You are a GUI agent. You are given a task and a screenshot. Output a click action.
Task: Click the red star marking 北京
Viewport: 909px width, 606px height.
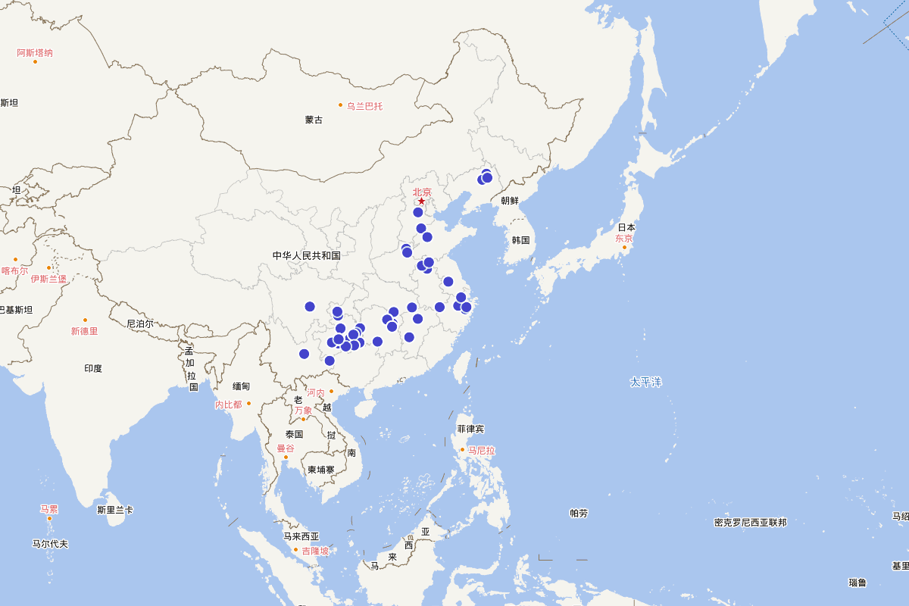pos(422,201)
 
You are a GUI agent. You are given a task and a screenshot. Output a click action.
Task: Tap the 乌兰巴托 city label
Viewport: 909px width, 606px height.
pos(364,106)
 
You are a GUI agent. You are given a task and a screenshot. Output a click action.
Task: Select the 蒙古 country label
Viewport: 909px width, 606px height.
pos(314,120)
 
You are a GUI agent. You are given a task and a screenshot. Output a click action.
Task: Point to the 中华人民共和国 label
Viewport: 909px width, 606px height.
pos(306,255)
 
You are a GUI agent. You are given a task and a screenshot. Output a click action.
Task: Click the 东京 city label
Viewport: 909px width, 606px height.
pos(623,238)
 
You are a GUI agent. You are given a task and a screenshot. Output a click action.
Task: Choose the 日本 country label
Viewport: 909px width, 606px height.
pos(626,227)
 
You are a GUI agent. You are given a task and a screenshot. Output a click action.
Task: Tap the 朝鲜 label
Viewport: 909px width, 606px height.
pos(510,201)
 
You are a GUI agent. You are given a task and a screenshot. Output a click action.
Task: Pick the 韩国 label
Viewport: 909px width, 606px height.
pos(520,240)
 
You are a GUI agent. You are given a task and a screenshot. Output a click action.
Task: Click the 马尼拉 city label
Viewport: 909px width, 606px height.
pos(481,450)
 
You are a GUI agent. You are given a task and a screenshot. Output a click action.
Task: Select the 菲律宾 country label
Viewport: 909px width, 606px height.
pos(470,429)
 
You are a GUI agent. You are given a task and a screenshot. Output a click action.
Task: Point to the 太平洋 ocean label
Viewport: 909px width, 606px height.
pos(645,382)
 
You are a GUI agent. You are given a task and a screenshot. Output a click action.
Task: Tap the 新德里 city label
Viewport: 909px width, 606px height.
pos(84,331)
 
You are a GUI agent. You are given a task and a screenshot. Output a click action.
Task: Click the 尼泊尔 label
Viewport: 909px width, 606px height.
pos(139,323)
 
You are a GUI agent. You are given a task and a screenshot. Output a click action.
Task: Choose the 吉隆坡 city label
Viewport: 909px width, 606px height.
pos(315,551)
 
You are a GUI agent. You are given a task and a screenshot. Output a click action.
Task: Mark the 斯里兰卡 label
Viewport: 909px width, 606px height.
pos(115,510)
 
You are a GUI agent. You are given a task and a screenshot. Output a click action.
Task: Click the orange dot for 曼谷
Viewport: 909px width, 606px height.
pos(286,458)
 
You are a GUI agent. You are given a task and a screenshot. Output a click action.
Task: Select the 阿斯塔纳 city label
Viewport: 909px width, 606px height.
pos(35,53)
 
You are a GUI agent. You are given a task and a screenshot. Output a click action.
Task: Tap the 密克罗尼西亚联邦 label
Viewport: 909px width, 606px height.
pos(750,523)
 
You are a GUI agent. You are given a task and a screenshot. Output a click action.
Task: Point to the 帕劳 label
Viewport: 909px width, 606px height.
pos(579,513)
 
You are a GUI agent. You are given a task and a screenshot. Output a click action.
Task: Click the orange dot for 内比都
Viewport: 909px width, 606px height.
pos(248,403)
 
